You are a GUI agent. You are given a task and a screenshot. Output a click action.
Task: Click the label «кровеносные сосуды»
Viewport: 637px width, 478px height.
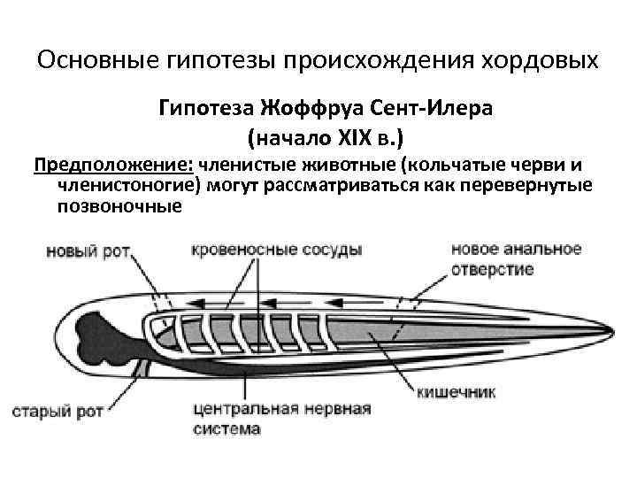276,250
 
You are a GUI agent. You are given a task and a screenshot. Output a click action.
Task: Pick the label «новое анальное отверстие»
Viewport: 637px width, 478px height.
516,258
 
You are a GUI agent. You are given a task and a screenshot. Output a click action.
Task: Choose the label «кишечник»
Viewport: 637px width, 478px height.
457,392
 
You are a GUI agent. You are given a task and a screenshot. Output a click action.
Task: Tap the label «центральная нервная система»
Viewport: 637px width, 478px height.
281,419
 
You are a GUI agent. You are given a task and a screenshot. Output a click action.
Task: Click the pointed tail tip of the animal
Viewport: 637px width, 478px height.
611,330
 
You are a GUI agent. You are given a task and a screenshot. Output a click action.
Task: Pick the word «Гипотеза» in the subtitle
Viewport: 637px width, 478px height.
206,110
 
